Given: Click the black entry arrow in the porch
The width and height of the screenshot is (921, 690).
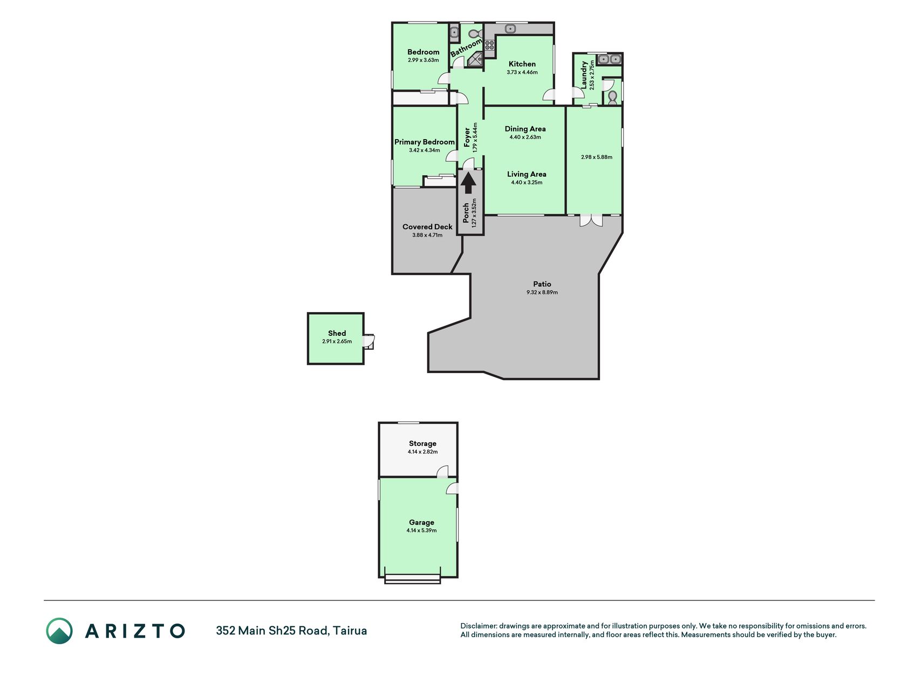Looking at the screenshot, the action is click(x=468, y=182).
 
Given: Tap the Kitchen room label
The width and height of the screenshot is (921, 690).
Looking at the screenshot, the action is click(x=522, y=64).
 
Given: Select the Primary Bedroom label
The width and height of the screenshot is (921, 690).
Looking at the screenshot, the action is click(x=425, y=142).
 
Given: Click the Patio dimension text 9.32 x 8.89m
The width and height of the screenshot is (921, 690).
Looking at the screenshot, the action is click(x=542, y=292).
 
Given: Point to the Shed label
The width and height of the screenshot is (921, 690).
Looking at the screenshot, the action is click(x=337, y=333).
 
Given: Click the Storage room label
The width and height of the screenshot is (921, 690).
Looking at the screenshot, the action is click(x=422, y=444).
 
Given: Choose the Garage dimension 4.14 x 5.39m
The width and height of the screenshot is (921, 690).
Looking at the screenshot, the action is click(x=421, y=530).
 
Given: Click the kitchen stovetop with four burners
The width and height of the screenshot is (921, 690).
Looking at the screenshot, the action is click(x=489, y=46).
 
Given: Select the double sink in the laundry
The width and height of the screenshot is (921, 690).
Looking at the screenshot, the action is click(x=610, y=59).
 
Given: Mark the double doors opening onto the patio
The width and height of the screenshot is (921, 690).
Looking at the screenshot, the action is click(x=592, y=220).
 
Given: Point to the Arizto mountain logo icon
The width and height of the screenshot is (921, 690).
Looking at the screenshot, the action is click(x=59, y=631).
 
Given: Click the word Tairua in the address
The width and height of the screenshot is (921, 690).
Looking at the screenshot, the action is click(x=350, y=631).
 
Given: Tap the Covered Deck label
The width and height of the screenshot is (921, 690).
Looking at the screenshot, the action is click(x=427, y=227).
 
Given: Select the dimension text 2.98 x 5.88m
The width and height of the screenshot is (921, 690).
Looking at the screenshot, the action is click(x=597, y=157).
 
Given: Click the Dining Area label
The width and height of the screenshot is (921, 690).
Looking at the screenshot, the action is click(x=525, y=129).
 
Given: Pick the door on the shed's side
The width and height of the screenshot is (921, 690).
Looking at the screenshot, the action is click(x=369, y=342).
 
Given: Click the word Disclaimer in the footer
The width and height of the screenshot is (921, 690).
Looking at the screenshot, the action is click(x=478, y=626).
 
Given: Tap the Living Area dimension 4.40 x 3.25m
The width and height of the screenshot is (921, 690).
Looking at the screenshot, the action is click(x=527, y=182).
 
